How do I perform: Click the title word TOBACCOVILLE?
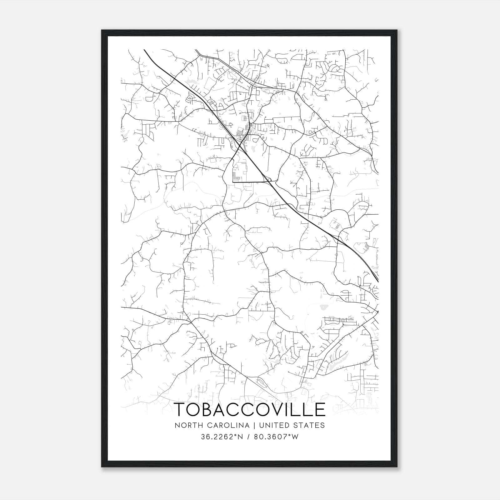pos(250,410)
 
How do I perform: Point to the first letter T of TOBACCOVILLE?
pos(180,410)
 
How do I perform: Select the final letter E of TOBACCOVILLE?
pos(320,410)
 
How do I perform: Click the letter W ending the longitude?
pos(295,437)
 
